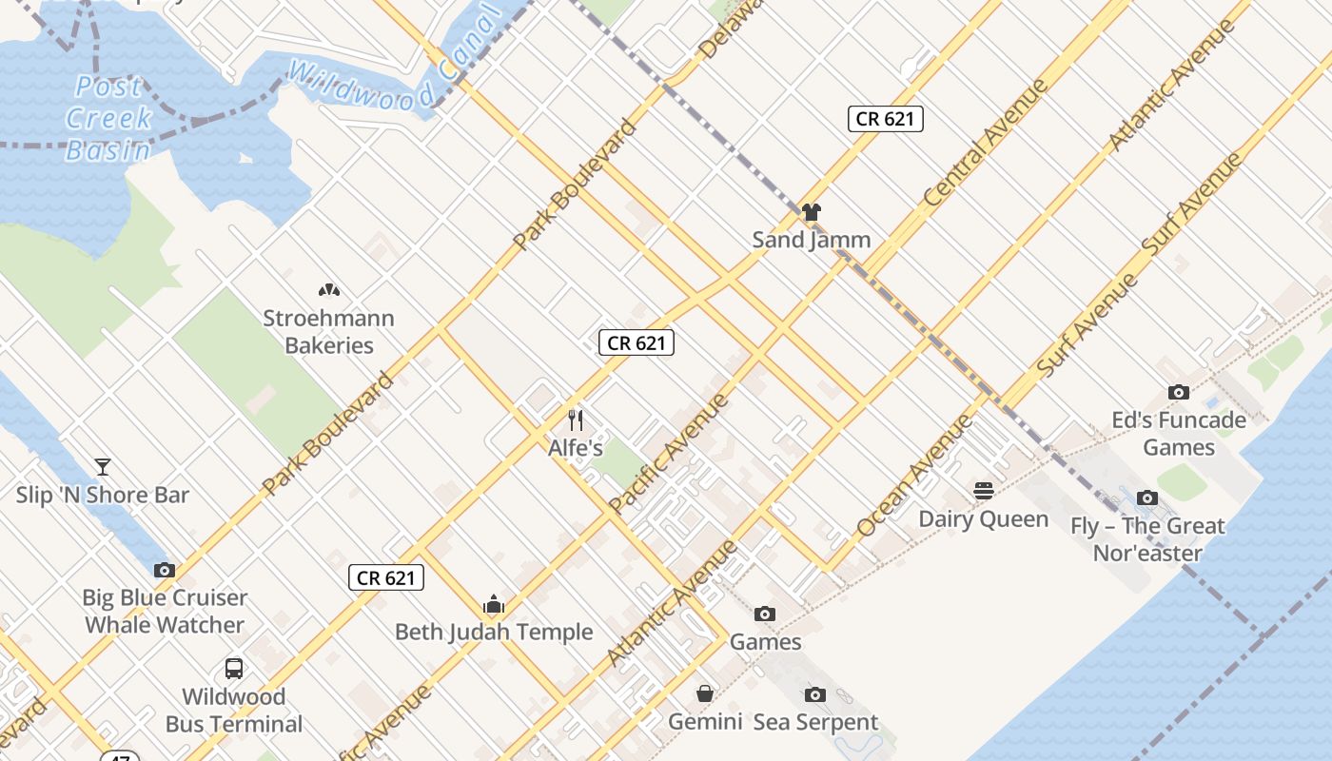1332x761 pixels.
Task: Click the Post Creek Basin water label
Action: (109, 118)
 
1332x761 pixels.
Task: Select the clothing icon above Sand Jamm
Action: (811, 212)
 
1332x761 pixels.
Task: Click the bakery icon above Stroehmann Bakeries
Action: (328, 290)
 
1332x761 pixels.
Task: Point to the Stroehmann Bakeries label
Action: (328, 331)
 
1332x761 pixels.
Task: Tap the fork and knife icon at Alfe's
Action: (575, 420)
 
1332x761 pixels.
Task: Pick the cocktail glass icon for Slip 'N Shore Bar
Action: (103, 467)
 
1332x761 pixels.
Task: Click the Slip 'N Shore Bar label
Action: (103, 495)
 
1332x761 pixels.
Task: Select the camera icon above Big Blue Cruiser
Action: (165, 570)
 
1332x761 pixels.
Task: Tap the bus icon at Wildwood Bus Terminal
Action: (234, 669)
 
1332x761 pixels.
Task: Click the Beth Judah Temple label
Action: (494, 632)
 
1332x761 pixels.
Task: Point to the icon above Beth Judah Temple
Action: (494, 604)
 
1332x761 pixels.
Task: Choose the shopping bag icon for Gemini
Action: (705, 693)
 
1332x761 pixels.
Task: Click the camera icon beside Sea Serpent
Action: (815, 694)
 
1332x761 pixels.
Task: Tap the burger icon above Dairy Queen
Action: (984, 491)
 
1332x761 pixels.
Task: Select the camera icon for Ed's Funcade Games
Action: (1179, 392)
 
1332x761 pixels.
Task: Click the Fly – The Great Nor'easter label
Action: (1147, 538)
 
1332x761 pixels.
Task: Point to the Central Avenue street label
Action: (987, 143)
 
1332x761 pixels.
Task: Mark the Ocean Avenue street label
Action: (914, 476)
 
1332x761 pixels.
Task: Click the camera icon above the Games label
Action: (765, 615)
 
